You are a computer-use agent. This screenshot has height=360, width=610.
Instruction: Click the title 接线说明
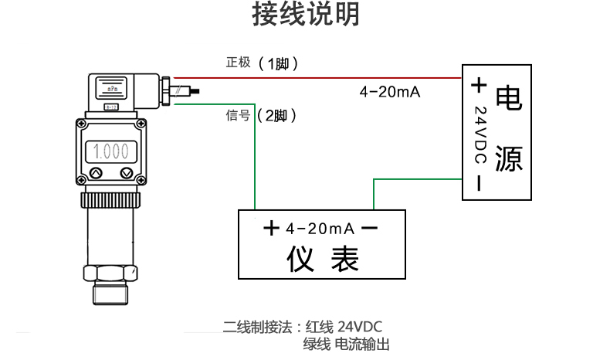pos(306,15)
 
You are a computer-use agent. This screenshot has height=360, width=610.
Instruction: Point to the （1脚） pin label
pos(277,63)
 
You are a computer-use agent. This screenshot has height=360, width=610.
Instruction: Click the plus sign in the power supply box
pos(479,84)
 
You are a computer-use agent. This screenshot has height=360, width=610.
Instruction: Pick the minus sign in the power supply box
pos(479,183)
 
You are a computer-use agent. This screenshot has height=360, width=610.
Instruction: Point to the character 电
pos(508,97)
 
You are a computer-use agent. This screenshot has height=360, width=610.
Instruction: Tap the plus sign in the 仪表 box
pos(270,229)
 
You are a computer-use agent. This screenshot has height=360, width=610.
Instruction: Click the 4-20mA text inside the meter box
pos(319,229)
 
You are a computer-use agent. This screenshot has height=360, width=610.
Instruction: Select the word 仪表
pos(322,260)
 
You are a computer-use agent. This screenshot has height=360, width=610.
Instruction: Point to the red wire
pos(324,78)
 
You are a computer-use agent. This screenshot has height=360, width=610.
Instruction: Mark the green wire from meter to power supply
pos(417,180)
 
